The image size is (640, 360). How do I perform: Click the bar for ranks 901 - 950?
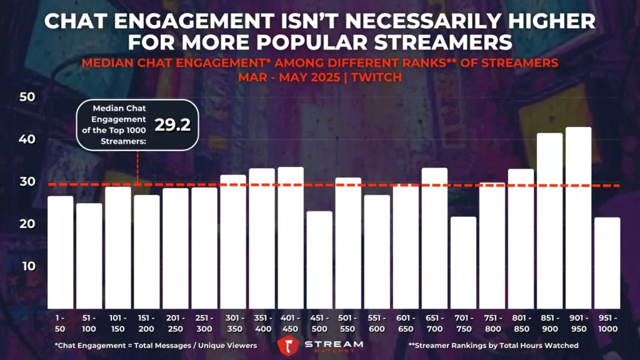[x=579, y=218]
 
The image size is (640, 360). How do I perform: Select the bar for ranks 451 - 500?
[x=319, y=260]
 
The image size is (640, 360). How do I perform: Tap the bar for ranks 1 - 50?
[x=61, y=252]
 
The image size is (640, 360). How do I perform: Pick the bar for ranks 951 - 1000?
[x=607, y=263]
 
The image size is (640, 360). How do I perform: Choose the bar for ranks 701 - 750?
[x=463, y=262]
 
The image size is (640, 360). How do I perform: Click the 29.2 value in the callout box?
[x=172, y=124]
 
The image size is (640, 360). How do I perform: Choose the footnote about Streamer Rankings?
[x=493, y=346]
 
